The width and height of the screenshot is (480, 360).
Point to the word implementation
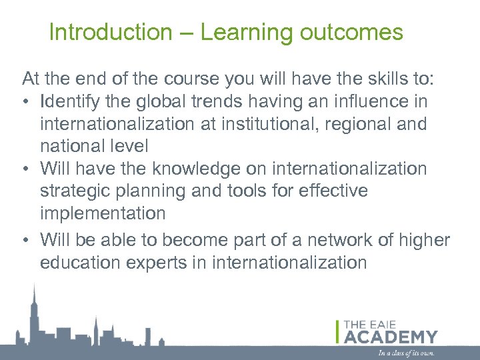(103, 213)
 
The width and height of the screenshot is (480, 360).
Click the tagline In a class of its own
(407, 353)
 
